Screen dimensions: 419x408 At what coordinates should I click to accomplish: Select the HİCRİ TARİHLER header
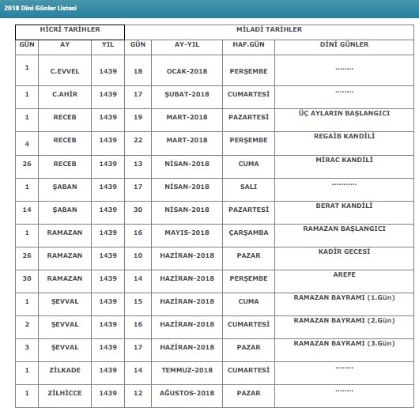point(70,30)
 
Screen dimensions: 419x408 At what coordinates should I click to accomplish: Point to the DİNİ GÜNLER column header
point(344,45)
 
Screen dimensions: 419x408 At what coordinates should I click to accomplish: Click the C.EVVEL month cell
point(63,71)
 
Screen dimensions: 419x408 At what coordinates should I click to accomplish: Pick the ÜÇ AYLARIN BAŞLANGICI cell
point(344,113)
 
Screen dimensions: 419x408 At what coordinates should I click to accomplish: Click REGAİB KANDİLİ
point(344,136)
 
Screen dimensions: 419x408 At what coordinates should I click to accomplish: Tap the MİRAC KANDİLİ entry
point(344,160)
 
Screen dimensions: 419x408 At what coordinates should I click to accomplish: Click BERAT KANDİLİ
point(344,206)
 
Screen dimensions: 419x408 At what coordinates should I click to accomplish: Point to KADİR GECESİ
point(344,251)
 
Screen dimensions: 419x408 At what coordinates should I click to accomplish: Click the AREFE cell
point(344,274)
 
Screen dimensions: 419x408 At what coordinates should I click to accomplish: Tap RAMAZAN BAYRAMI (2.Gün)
point(344,320)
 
